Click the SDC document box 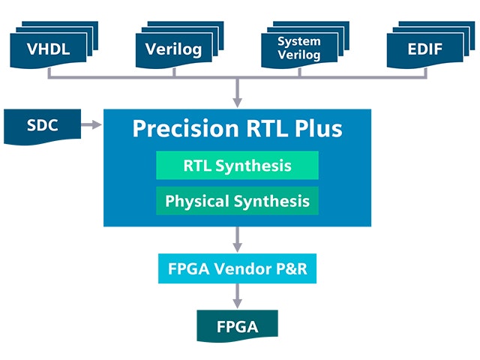coord(42,126)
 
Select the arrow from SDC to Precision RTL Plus coord(91,124)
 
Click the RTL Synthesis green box coord(237,165)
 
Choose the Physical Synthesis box coord(237,201)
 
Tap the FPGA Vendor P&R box coord(237,268)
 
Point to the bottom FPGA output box coord(237,326)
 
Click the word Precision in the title coord(185,128)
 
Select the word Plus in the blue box coord(318,128)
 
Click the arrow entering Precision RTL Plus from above coord(237,92)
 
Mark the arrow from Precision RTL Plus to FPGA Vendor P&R coord(237,239)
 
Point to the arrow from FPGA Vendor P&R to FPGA coord(237,296)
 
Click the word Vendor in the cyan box coord(242,268)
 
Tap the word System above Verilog coord(299,42)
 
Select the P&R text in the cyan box coord(292,268)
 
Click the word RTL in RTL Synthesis coord(197,166)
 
